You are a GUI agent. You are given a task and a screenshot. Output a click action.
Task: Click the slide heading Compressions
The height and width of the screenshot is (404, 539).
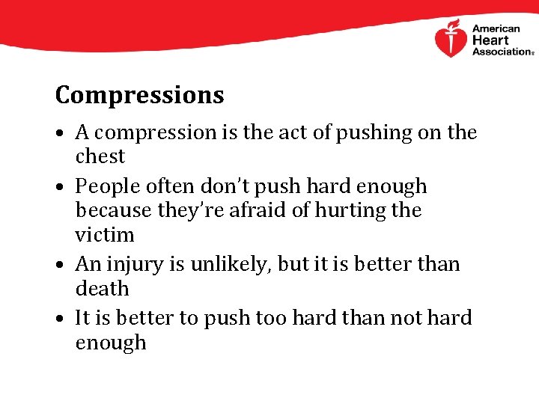139,96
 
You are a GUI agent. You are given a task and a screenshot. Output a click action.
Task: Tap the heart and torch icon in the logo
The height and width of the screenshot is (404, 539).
451,39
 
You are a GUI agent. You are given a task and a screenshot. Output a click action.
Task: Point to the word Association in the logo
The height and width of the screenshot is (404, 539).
500,52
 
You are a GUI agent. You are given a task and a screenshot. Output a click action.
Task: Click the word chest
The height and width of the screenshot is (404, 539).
100,157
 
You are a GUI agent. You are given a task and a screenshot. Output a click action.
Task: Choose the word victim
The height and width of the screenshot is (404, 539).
104,235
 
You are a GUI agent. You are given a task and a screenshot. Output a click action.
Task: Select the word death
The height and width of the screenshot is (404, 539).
102,289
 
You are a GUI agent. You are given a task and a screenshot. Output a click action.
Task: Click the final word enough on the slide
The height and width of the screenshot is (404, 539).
110,343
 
